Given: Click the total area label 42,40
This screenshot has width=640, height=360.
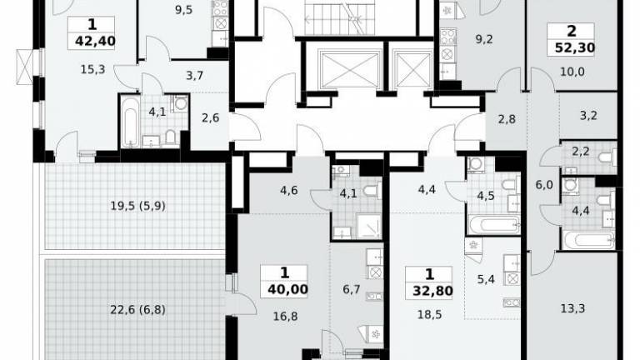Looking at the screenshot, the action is pos(95,41).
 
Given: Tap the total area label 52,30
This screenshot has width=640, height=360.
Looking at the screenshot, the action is pos(575,47).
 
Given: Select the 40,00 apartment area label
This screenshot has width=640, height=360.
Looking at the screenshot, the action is pos(287,289).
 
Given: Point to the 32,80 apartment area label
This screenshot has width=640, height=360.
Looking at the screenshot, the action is pos(432,291).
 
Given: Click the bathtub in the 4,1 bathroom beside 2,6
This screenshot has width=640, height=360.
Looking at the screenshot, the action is pos(130,122).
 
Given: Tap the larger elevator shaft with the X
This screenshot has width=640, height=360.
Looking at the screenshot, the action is pos(350,69).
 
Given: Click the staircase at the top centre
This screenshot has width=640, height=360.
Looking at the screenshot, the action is pos(340,18).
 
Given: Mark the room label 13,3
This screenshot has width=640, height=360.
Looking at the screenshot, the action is pos(572,308).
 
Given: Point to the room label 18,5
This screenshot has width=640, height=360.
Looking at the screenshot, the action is pos(429,315).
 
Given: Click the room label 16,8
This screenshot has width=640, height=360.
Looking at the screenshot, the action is pos(285,316).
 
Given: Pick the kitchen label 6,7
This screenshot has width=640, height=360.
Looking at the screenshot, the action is pos(351,289).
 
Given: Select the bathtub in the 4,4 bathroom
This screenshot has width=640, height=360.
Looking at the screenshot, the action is pos(588,240).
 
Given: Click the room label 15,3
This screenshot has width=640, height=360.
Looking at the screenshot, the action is pos(92,69).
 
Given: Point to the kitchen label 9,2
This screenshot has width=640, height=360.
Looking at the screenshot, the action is pos(484,39).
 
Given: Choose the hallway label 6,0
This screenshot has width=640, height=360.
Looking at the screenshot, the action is pos(544,185).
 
